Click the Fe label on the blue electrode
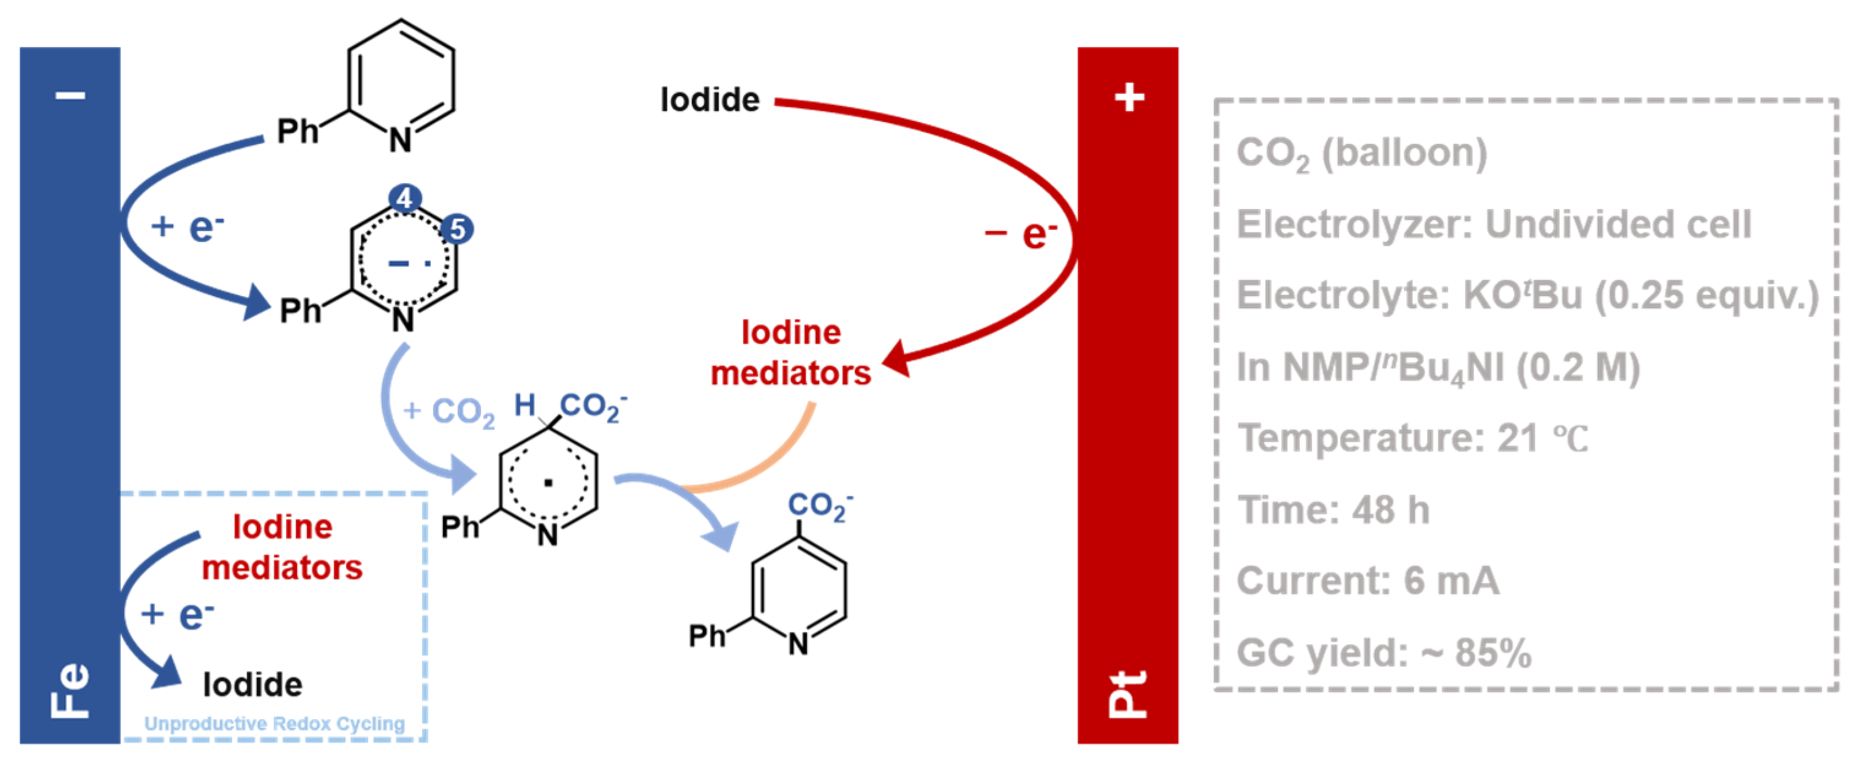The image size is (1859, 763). click(x=70, y=690)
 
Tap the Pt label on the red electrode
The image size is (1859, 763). click(x=1127, y=693)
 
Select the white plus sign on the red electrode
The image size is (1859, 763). click(x=1129, y=97)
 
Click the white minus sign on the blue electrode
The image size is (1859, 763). click(x=70, y=95)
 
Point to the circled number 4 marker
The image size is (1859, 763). click(x=405, y=198)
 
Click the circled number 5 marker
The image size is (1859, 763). click(x=457, y=230)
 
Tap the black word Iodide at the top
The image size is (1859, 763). click(x=710, y=100)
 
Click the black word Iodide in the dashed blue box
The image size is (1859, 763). click(x=252, y=685)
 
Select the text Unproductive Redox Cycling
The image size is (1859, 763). click(x=274, y=723)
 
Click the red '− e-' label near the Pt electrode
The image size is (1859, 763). click(x=1020, y=233)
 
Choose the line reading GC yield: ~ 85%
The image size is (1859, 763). click(x=1384, y=653)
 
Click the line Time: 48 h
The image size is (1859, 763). click(x=1333, y=510)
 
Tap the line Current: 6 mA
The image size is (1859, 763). click(x=1368, y=580)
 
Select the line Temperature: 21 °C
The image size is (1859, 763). click(x=1412, y=438)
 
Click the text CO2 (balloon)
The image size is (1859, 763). click(x=1361, y=153)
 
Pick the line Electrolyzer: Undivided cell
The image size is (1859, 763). click(x=1494, y=224)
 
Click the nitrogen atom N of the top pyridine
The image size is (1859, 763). click(x=401, y=139)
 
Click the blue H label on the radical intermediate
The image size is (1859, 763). click(x=524, y=405)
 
